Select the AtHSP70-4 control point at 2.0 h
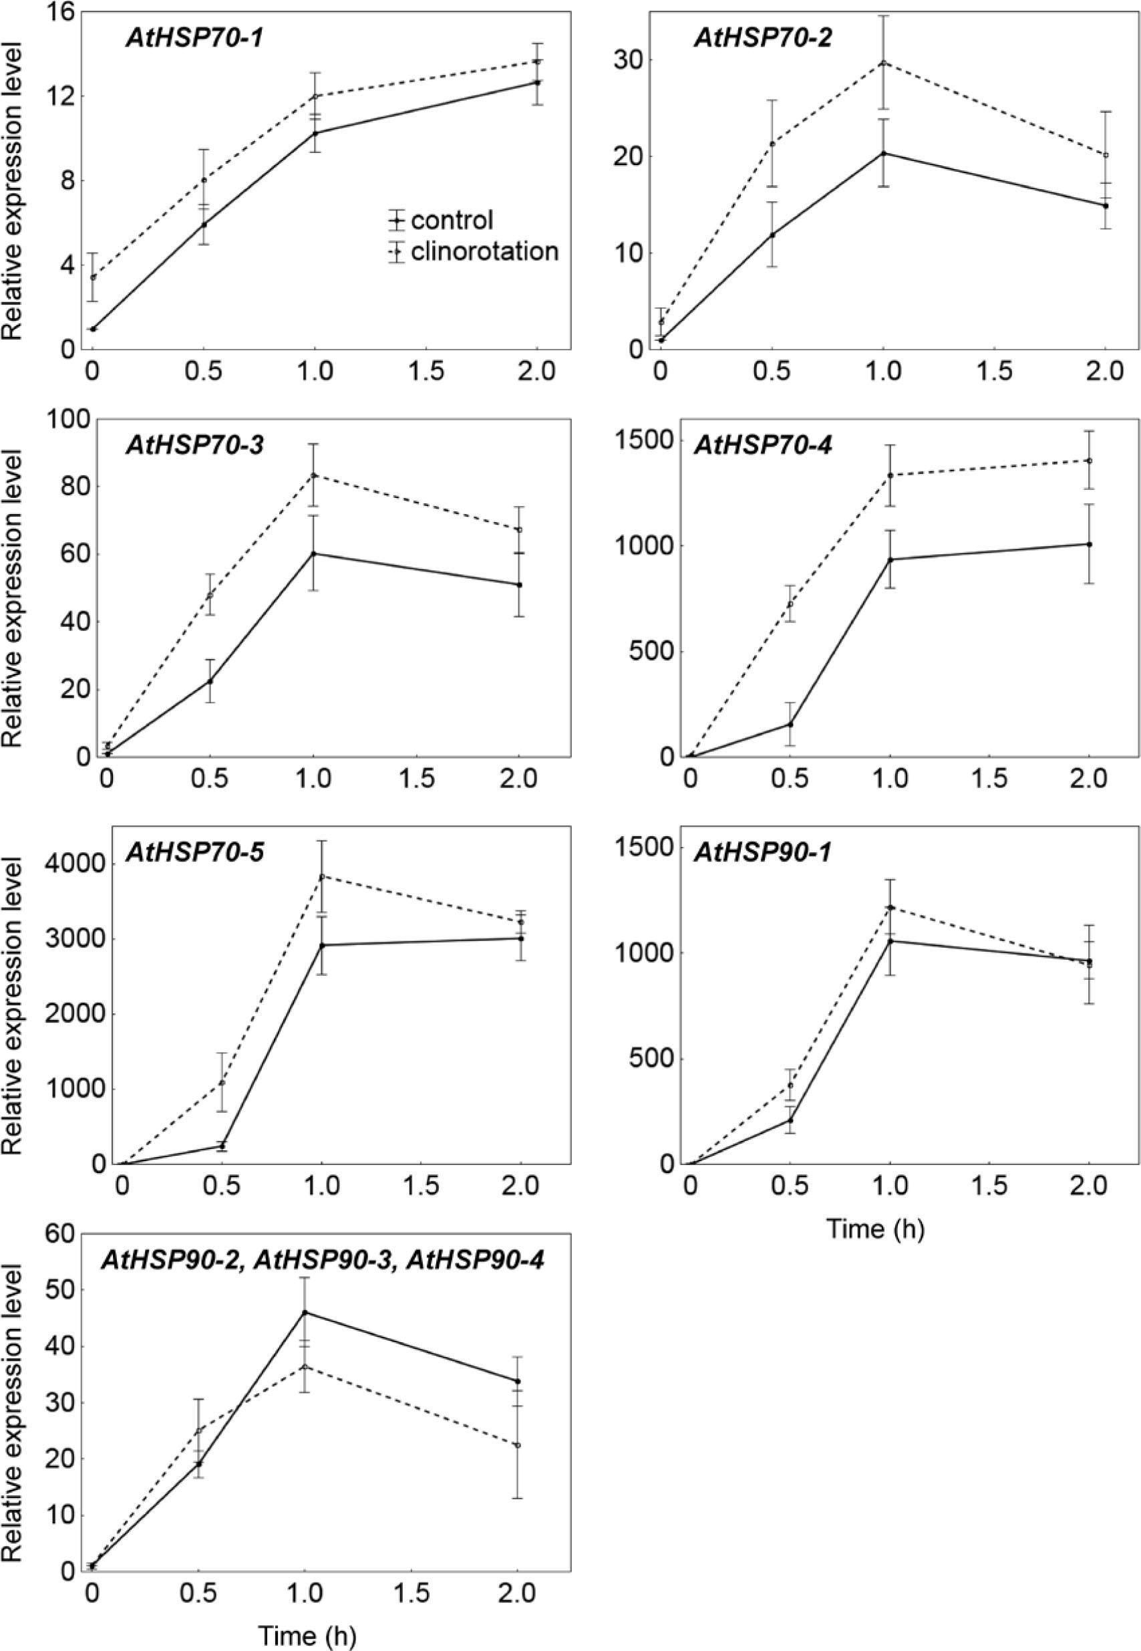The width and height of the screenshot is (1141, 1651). (1089, 543)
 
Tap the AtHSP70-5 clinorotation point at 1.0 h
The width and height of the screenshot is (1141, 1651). (322, 876)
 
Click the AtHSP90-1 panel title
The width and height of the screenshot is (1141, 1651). (764, 852)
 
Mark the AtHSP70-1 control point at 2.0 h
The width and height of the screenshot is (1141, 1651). (537, 82)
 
